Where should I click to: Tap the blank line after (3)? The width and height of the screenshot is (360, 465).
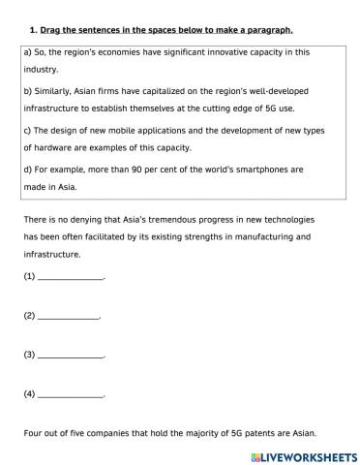[69, 355]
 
